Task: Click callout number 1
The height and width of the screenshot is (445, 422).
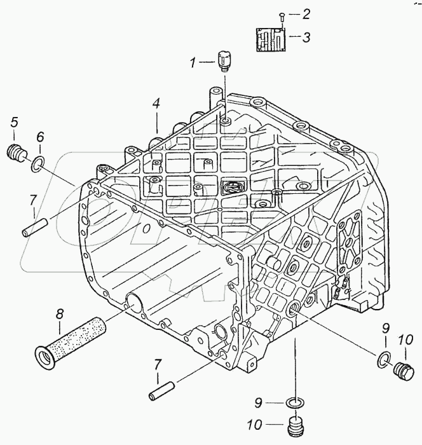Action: pyautogui.click(x=193, y=62)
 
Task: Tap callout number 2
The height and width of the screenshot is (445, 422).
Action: pyautogui.click(x=306, y=13)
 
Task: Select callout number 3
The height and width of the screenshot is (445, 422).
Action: pyautogui.click(x=306, y=37)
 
